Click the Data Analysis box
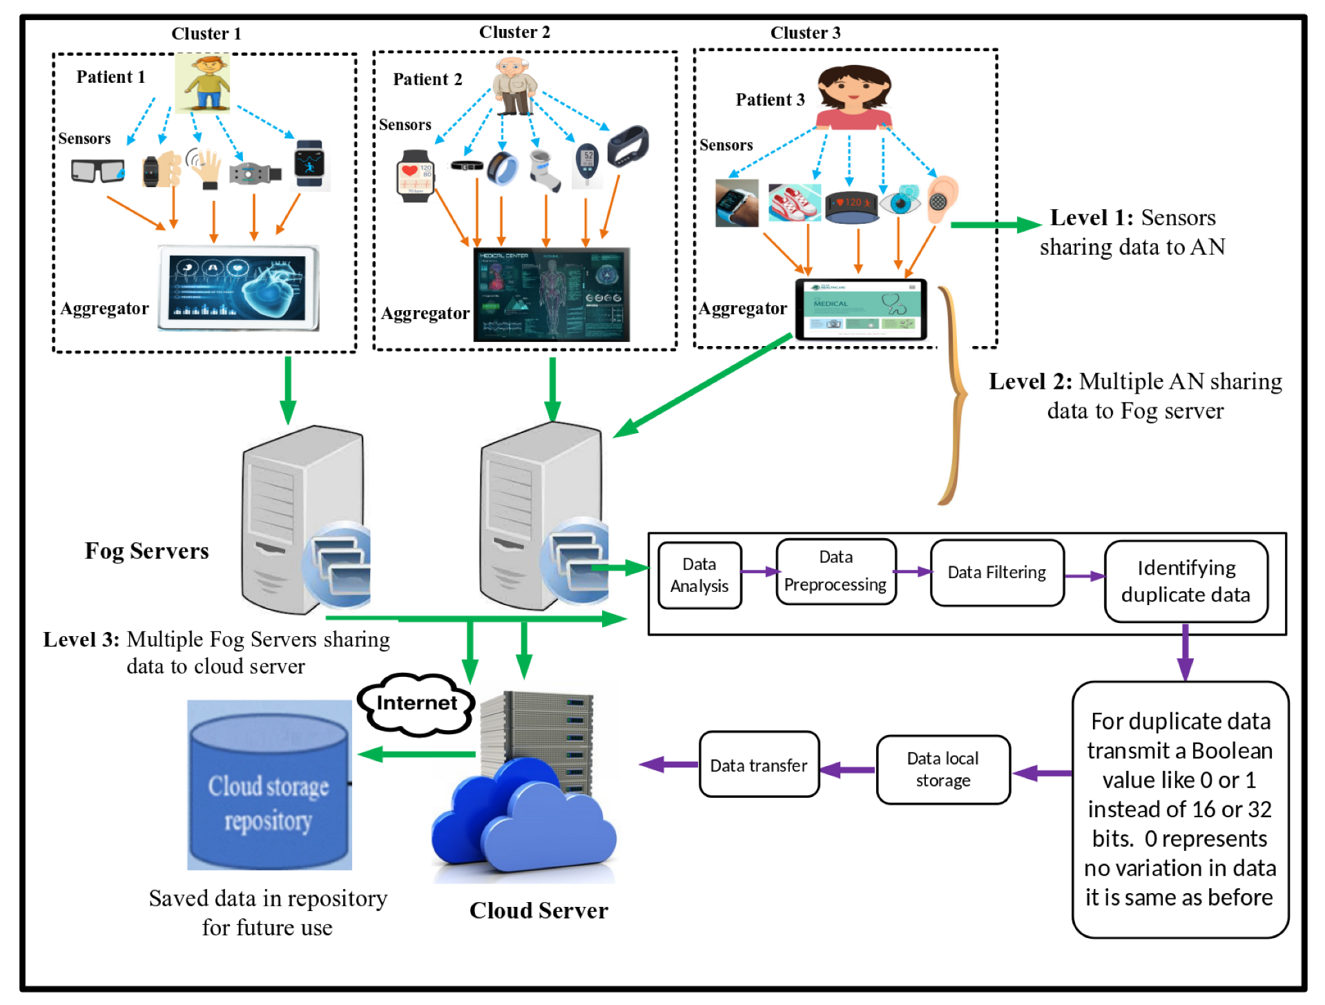pyautogui.click(x=699, y=575)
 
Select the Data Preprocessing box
pyautogui.click(x=835, y=571)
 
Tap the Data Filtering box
pyautogui.click(x=996, y=573)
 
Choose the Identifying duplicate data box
pyautogui.click(x=1186, y=581)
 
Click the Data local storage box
pyautogui.click(x=942, y=769)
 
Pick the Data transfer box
pyautogui.click(x=758, y=765)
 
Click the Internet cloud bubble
pyautogui.click(x=416, y=703)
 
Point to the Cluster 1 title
pyautogui.click(x=206, y=33)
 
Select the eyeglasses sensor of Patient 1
pyautogui.click(x=97, y=170)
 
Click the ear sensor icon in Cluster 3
pyautogui.click(x=941, y=198)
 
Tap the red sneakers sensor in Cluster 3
pyautogui.click(x=794, y=202)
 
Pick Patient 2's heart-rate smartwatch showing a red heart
pyautogui.click(x=415, y=175)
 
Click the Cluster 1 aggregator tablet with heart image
pyautogui.click(x=239, y=288)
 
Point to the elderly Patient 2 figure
pyautogui.click(x=514, y=86)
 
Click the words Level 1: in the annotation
pyautogui.click(x=1091, y=218)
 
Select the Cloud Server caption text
pyautogui.click(x=539, y=910)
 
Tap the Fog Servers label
pyautogui.click(x=146, y=551)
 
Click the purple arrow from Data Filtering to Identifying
pyautogui.click(x=1084, y=576)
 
